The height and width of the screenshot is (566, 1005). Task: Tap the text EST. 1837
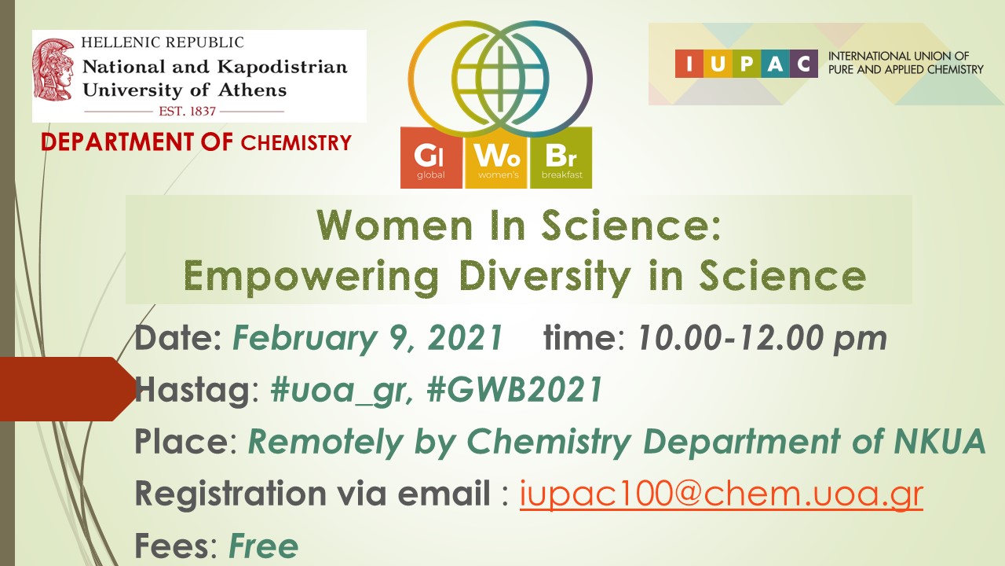pyautogui.click(x=187, y=111)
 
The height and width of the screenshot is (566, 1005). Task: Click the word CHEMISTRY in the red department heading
pyautogui.click(x=296, y=143)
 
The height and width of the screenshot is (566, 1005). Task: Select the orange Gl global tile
pyautogui.click(x=431, y=158)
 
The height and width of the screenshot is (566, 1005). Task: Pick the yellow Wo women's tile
pyautogui.click(x=497, y=158)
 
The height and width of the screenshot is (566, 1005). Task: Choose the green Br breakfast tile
pyautogui.click(x=561, y=158)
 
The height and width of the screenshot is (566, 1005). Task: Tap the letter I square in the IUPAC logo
pyautogui.click(x=689, y=64)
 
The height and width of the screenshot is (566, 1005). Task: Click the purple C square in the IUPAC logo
pyautogui.click(x=803, y=64)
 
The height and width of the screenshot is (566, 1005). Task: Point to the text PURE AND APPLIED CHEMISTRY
pyautogui.click(x=905, y=70)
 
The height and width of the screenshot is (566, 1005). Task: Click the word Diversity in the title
pyautogui.click(x=545, y=276)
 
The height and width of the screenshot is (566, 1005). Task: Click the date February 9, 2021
pyautogui.click(x=367, y=338)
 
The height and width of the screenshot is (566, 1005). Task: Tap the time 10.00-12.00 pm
pyautogui.click(x=762, y=338)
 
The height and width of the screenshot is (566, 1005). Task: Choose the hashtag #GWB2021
pyautogui.click(x=514, y=389)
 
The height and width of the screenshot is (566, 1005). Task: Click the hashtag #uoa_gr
pyautogui.click(x=342, y=391)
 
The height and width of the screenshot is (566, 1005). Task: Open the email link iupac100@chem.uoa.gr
pyautogui.click(x=722, y=494)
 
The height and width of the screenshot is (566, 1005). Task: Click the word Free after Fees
pyautogui.click(x=263, y=546)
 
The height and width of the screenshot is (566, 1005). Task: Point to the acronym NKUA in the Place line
pyautogui.click(x=940, y=442)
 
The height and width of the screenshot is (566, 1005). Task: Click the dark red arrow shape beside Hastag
pyautogui.click(x=68, y=389)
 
